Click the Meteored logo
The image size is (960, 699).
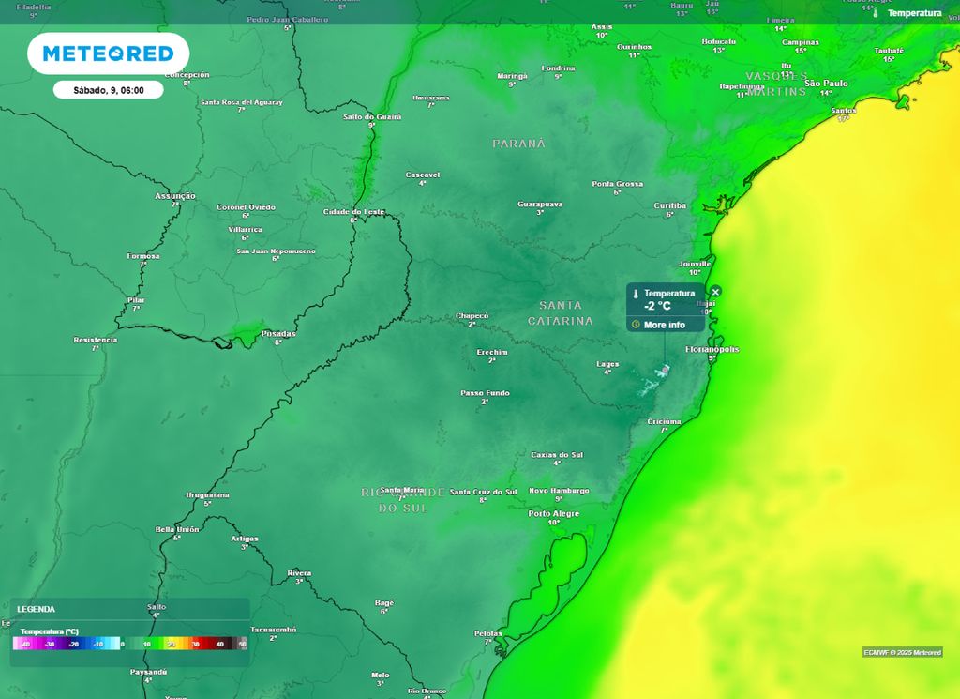(x=108, y=53)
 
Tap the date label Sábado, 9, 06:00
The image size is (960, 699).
(x=108, y=90)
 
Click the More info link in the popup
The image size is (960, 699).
(x=664, y=325)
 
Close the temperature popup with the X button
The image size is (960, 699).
(x=715, y=292)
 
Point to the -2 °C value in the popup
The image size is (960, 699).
(x=657, y=306)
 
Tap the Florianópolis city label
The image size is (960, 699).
(x=712, y=349)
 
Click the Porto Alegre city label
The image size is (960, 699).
(x=554, y=513)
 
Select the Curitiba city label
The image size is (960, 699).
(x=670, y=205)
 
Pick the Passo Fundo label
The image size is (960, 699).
(x=486, y=393)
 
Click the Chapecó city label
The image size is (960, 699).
(x=472, y=315)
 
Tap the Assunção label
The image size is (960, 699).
(x=175, y=195)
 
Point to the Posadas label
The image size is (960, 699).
(x=278, y=333)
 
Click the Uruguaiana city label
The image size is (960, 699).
(x=208, y=494)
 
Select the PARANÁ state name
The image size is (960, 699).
(x=518, y=144)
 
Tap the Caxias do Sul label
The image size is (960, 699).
(x=557, y=454)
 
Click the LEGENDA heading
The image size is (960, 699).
(x=37, y=609)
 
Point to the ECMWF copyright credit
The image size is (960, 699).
(x=902, y=652)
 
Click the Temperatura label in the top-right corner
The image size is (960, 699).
(x=914, y=13)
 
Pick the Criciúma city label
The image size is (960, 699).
(x=665, y=421)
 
